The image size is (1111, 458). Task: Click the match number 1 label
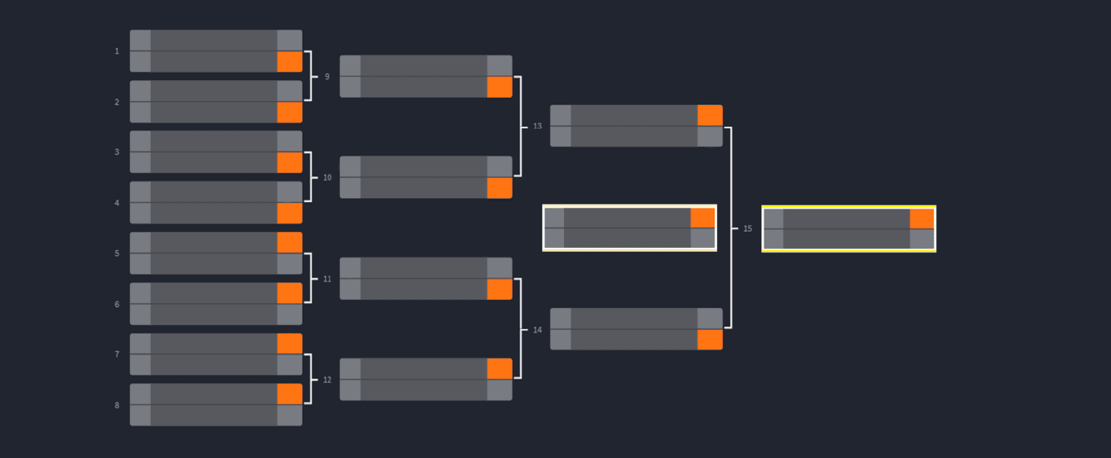pyautogui.click(x=117, y=51)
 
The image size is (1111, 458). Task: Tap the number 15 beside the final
pyautogui.click(x=748, y=229)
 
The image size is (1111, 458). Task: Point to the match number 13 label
pyautogui.click(x=537, y=126)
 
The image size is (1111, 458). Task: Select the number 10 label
pyautogui.click(x=326, y=177)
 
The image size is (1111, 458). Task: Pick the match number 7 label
pyautogui.click(x=117, y=355)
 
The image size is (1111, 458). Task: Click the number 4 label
pyautogui.click(x=117, y=203)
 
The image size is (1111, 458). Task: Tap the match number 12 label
pyautogui.click(x=326, y=380)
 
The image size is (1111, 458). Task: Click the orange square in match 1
pyautogui.click(x=290, y=62)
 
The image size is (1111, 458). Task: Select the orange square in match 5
pyautogui.click(x=290, y=243)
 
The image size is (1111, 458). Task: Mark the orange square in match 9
pyautogui.click(x=500, y=87)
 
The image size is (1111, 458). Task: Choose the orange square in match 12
pyautogui.click(x=500, y=369)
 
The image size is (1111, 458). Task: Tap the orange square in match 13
pyautogui.click(x=710, y=116)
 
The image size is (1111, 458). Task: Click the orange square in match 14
pyautogui.click(x=710, y=340)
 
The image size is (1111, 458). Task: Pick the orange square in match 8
pyautogui.click(x=290, y=394)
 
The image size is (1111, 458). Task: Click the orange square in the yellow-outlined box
pyautogui.click(x=922, y=219)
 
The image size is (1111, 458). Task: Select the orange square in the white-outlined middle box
pyautogui.click(x=703, y=218)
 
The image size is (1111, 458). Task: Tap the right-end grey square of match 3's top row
pyautogui.click(x=290, y=141)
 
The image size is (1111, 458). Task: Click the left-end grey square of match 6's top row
pyautogui.click(x=140, y=294)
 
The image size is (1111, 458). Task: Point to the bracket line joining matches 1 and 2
pyautogui.click(x=311, y=76)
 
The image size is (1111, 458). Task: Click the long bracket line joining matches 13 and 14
pyautogui.click(x=731, y=228)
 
